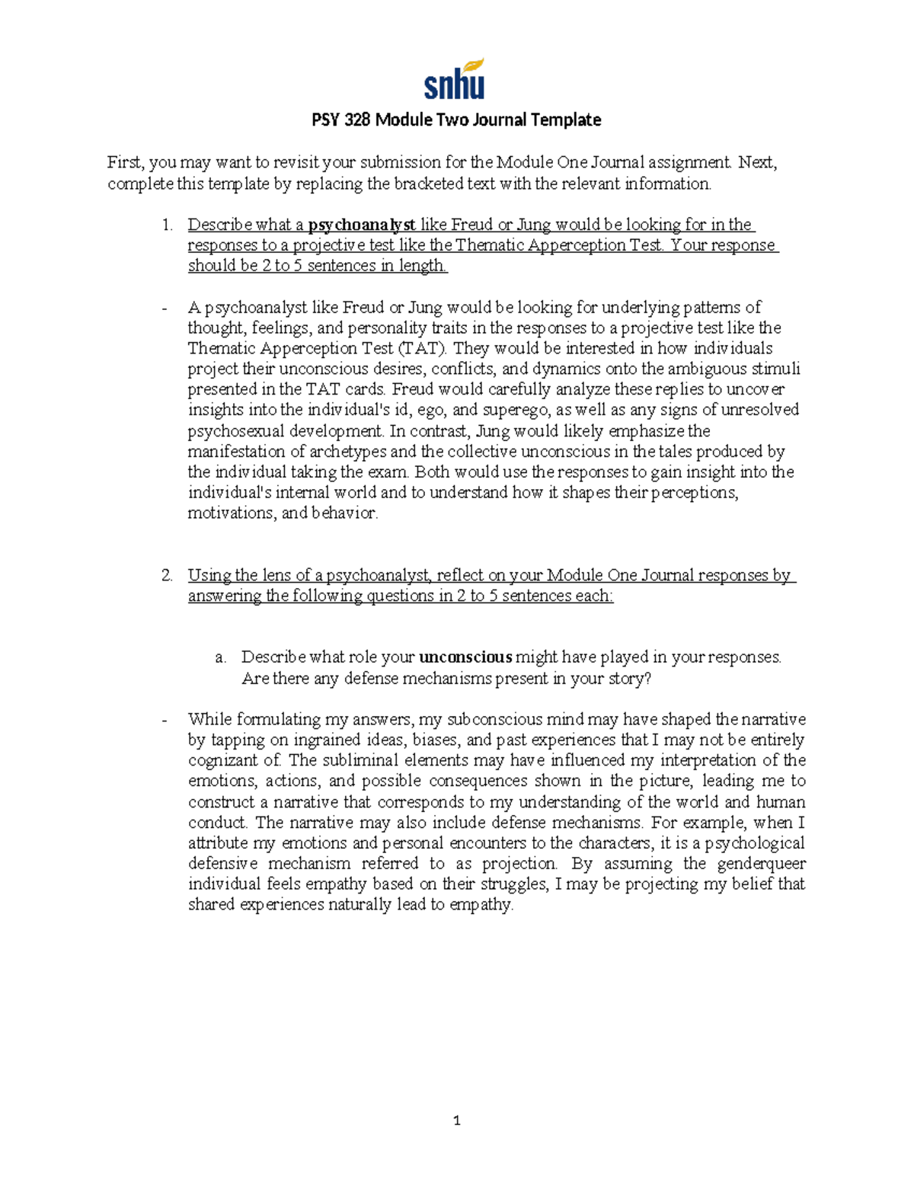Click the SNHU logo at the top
[x=455, y=79]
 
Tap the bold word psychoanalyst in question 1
[x=362, y=225]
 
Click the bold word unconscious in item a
[x=465, y=657]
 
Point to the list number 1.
[x=166, y=225]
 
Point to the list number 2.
[x=166, y=576]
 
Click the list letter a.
[x=220, y=657]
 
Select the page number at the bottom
[x=456, y=1121]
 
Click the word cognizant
[x=224, y=760]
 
